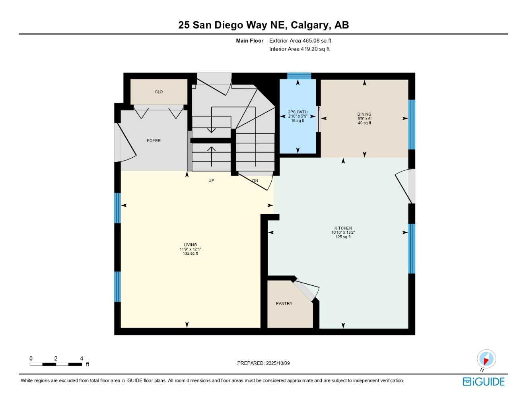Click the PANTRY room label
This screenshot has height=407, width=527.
pos(284,304)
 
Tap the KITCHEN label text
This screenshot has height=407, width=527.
pos(343,228)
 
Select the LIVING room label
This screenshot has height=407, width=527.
pos(190,245)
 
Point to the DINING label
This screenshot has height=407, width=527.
pos(364,114)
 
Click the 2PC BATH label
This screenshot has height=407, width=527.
pos(298,112)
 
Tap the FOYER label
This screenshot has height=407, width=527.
pos(154,141)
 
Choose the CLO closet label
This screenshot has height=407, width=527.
pos(159,92)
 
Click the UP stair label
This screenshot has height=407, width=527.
pos(211,181)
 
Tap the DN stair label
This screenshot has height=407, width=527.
pos(255,181)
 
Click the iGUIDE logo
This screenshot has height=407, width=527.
pos(484,382)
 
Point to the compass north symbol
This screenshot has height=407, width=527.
pos(486,359)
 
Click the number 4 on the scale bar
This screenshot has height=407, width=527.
pos(82,359)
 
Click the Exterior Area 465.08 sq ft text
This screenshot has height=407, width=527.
pos(300,41)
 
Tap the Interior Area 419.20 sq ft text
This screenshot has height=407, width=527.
pos(299,49)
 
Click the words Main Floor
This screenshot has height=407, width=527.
pos(249,41)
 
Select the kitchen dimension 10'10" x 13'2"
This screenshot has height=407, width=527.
pos(343,233)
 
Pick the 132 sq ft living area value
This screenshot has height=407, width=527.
pos(190,254)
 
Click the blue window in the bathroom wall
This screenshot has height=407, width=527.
pos(299,76)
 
